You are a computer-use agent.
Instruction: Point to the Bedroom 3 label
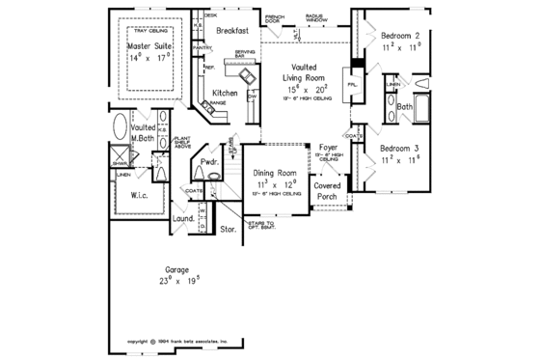click(x=397, y=148)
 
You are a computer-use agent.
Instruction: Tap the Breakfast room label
click(x=233, y=31)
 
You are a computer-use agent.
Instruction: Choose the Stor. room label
click(x=229, y=229)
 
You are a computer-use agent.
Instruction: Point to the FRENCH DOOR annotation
click(x=274, y=18)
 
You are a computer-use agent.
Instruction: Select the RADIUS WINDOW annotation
click(x=314, y=18)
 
